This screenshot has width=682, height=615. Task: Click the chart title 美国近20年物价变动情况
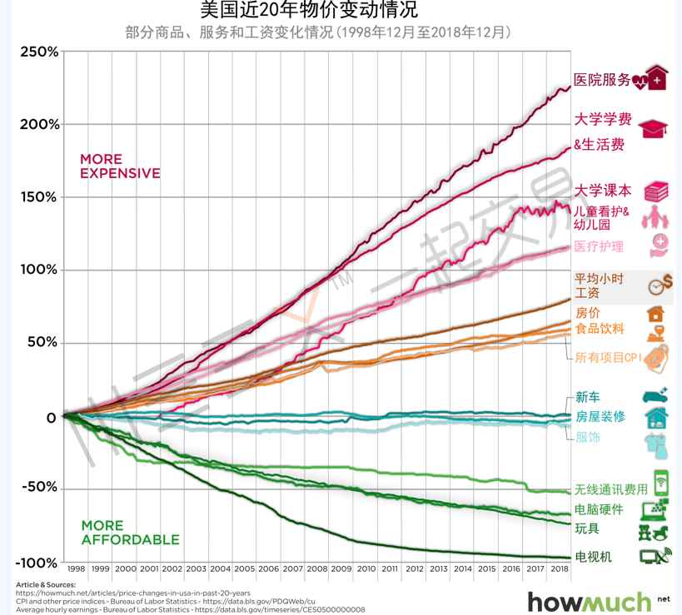309,11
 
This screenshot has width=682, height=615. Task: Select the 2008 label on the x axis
318,568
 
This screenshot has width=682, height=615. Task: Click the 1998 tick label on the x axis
76,568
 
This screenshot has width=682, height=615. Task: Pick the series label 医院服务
602,80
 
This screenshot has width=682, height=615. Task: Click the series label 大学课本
603,190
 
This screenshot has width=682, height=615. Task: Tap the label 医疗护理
599,247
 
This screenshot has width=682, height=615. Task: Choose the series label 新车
587,398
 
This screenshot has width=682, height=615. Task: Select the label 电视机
593,556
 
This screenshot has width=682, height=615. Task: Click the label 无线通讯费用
610,489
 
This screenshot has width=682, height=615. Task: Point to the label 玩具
587,528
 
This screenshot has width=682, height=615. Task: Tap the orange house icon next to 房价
656,314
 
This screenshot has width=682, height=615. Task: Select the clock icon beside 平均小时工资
660,284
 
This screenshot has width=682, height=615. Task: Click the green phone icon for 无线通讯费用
661,483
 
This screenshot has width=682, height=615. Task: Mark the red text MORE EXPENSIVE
119,166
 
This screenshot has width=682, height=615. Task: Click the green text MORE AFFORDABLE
129,533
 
